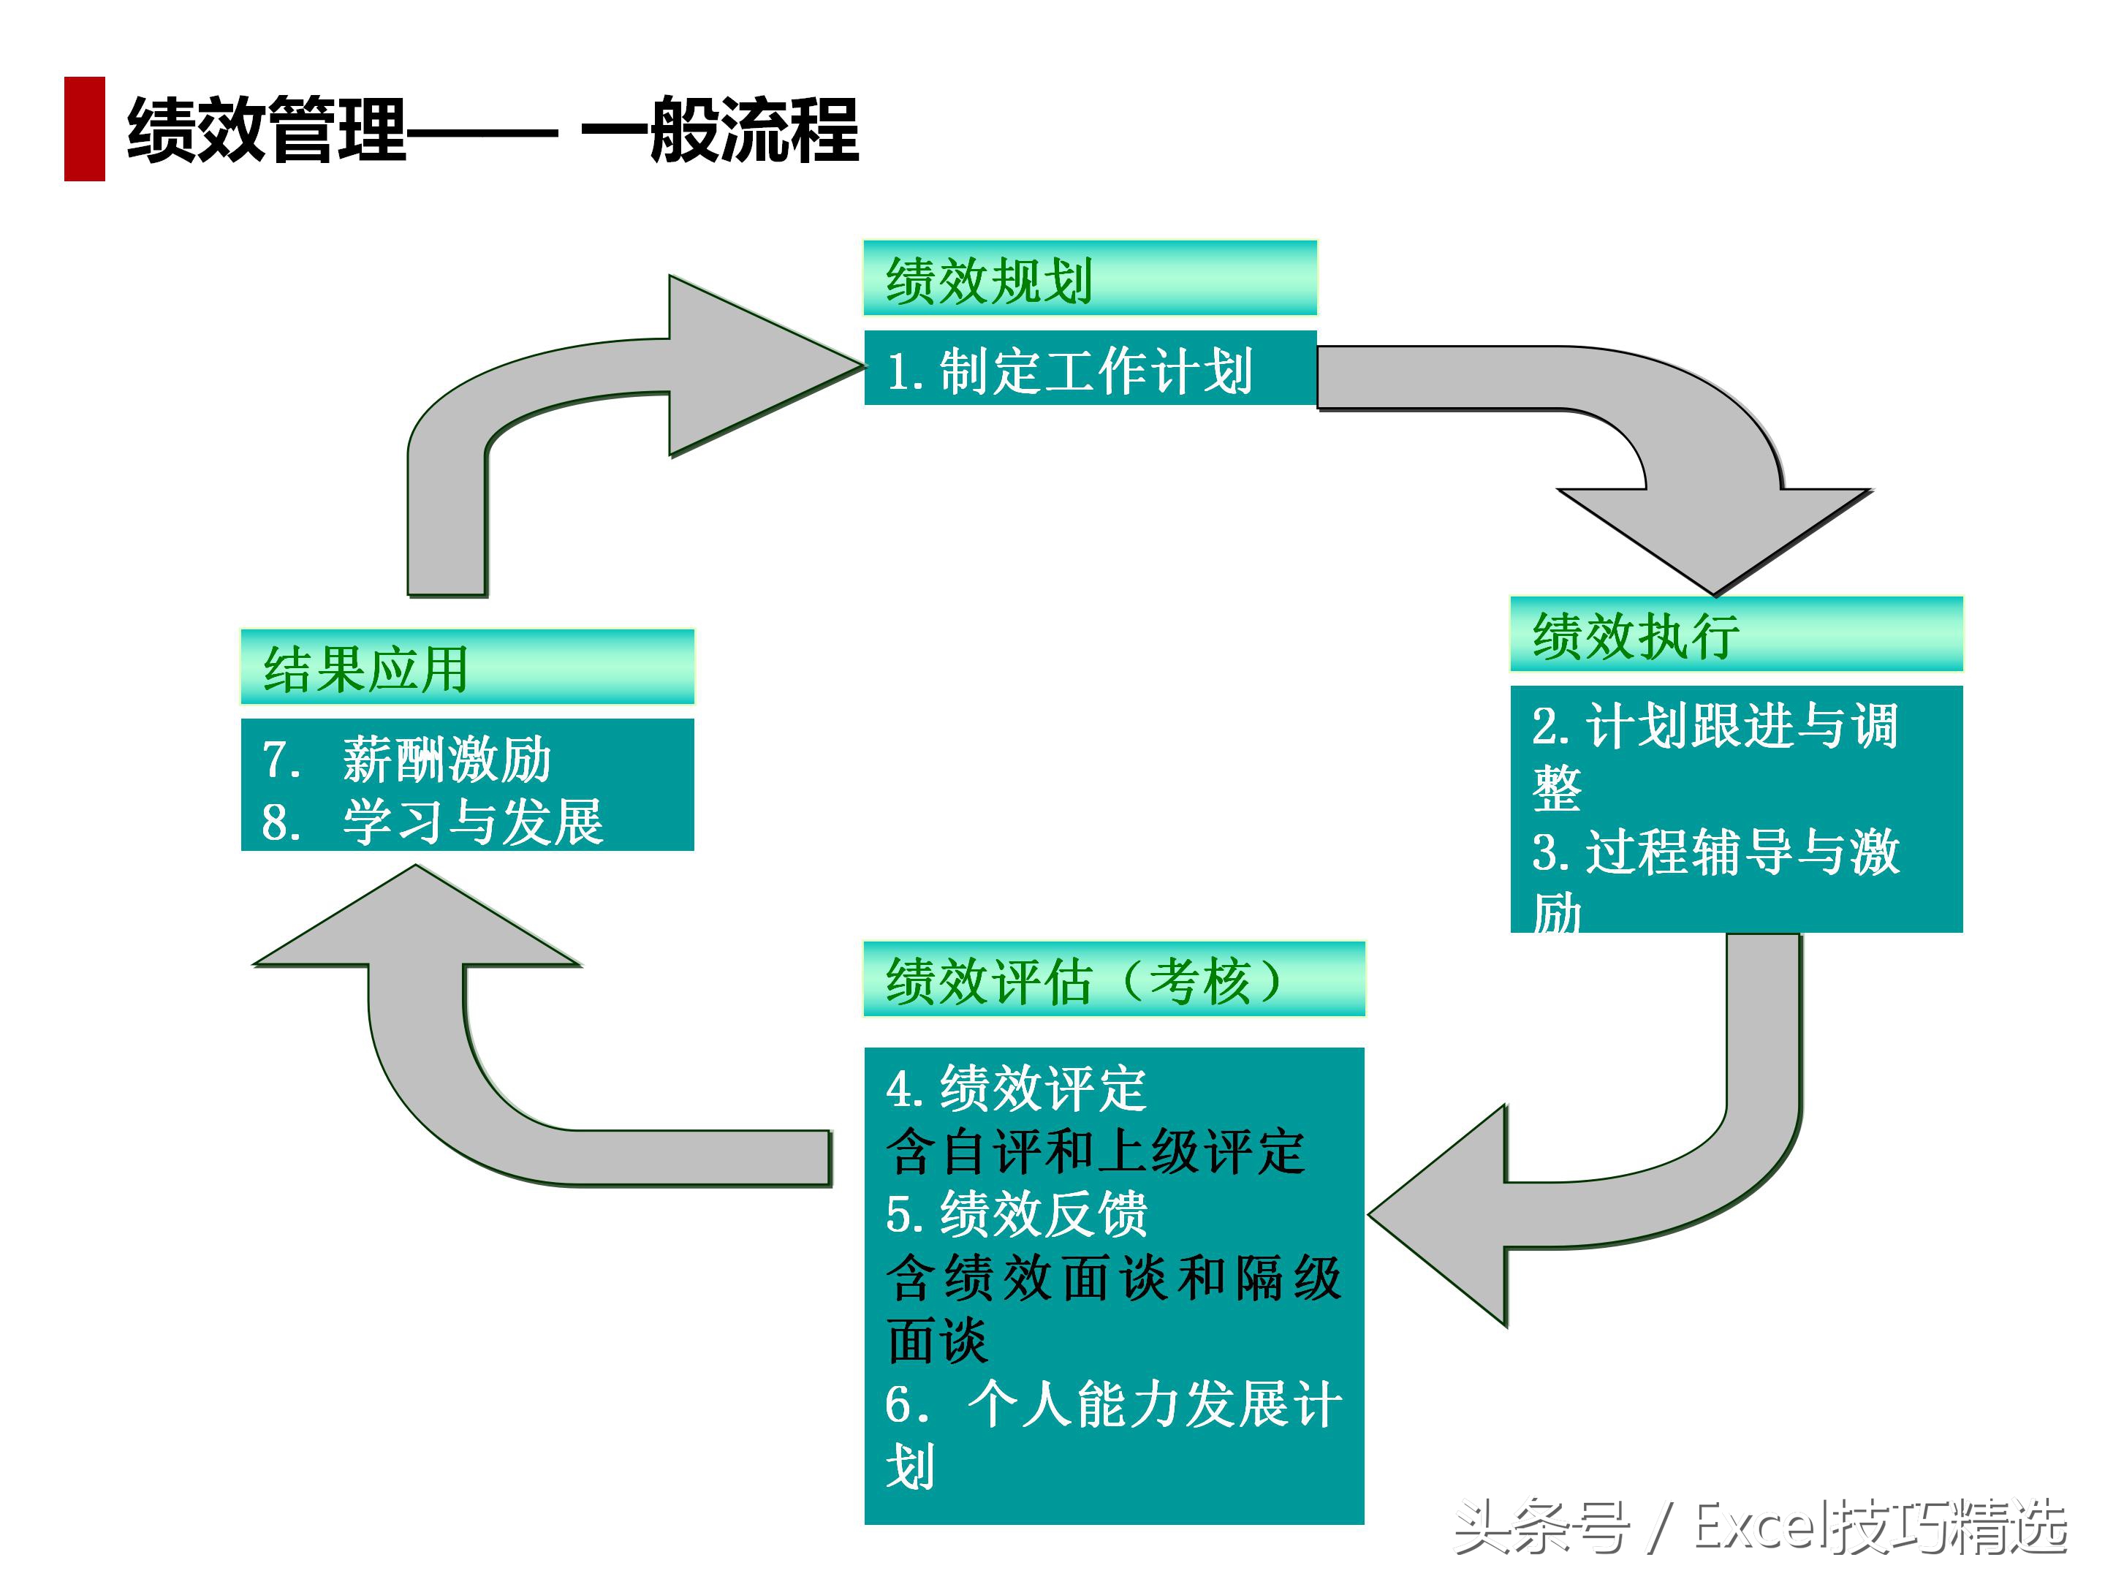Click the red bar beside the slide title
click(84, 129)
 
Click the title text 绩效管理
click(267, 130)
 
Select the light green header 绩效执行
click(1735, 635)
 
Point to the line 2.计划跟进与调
click(1714, 726)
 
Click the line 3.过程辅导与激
click(1714, 852)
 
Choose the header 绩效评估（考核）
click(1112, 980)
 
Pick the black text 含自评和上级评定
click(1094, 1151)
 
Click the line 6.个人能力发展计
click(1112, 1404)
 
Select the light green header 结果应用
click(466, 668)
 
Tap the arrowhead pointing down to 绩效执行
click(1714, 538)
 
